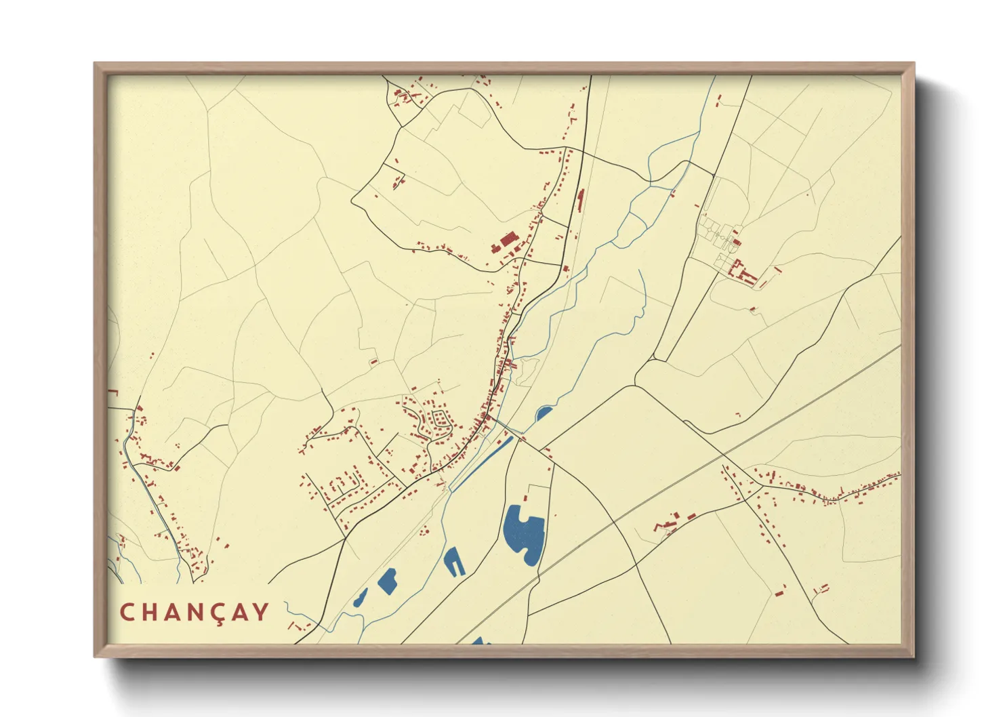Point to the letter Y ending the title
(260, 612)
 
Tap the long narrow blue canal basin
(482, 462)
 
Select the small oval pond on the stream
(544, 413)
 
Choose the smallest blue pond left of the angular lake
(360, 598)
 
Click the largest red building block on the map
(508, 239)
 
